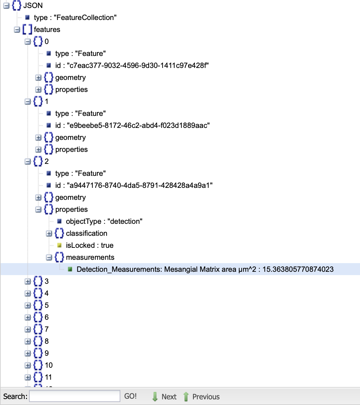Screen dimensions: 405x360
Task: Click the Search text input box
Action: pos(74,396)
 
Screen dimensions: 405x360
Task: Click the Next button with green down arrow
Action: pos(164,397)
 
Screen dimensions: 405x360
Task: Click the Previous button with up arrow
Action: pos(201,397)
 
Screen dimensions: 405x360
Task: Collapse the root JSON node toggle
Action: pos(6,6)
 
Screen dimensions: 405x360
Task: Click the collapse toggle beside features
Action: pos(17,30)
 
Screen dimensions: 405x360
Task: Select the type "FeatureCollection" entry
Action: pos(75,18)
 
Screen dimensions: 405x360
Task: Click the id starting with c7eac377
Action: pos(132,66)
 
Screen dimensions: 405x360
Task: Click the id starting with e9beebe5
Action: pos(132,126)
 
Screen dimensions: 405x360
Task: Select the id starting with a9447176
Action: pos(134,186)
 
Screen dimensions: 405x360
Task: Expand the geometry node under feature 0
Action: pos(38,78)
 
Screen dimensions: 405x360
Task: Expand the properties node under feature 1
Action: pos(38,150)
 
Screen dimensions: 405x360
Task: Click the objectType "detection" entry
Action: pos(104,221)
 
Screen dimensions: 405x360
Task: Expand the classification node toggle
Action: pos(49,233)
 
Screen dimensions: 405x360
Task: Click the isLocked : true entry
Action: pos(89,245)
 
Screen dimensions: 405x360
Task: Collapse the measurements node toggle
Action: pos(49,257)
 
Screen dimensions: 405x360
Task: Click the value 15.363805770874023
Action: pos(298,269)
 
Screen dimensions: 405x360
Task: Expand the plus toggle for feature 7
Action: pos(28,329)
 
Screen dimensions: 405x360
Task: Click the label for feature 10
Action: pos(49,365)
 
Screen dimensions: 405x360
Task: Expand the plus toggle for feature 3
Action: pos(28,281)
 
